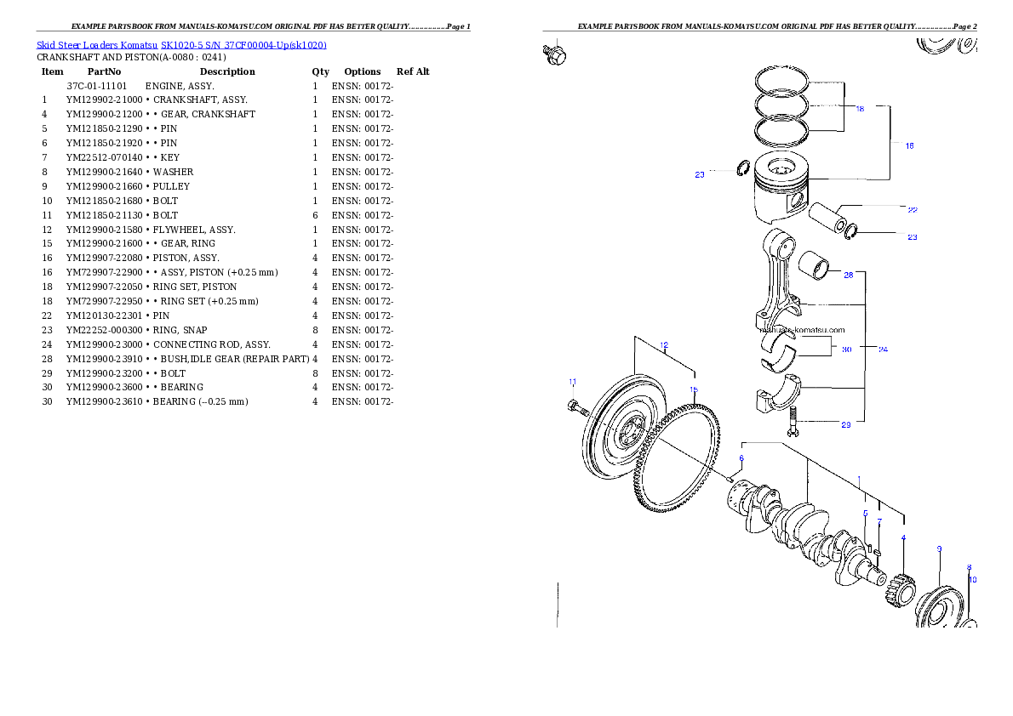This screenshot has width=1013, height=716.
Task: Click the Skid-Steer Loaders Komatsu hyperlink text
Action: tap(181, 44)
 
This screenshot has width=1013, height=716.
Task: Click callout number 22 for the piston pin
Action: tap(912, 209)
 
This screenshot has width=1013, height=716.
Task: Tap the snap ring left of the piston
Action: tap(741, 168)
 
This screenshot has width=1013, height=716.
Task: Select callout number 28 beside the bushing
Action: tap(848, 275)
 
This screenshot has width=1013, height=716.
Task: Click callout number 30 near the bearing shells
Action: tap(846, 349)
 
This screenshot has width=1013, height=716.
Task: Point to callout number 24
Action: tap(883, 349)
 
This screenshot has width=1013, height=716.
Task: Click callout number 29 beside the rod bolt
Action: tap(845, 424)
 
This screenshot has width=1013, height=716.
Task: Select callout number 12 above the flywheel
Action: tap(663, 345)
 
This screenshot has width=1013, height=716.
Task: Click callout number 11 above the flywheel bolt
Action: tap(572, 381)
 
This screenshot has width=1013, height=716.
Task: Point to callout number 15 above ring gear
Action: tap(694, 389)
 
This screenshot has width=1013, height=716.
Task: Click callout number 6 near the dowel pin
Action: tap(741, 458)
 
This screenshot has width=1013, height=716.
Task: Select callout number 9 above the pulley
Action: tap(939, 548)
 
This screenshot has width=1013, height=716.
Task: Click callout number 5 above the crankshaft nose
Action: tap(865, 514)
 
